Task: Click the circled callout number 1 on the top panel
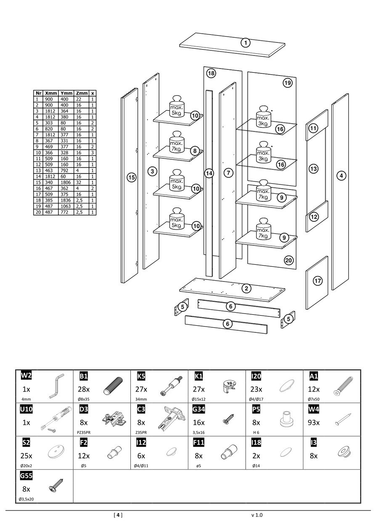coord(246,42)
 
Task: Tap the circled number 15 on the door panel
coord(132,177)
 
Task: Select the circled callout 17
coord(318,281)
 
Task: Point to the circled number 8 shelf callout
coord(194,150)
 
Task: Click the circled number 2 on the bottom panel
coord(247,288)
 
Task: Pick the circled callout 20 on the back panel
coord(289,261)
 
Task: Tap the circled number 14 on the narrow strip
coord(209,173)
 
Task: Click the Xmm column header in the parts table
coord(51,93)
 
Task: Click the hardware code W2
coord(26,375)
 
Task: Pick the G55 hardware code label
coord(26,476)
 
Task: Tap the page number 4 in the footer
coord(118,515)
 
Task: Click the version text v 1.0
coord(256,515)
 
